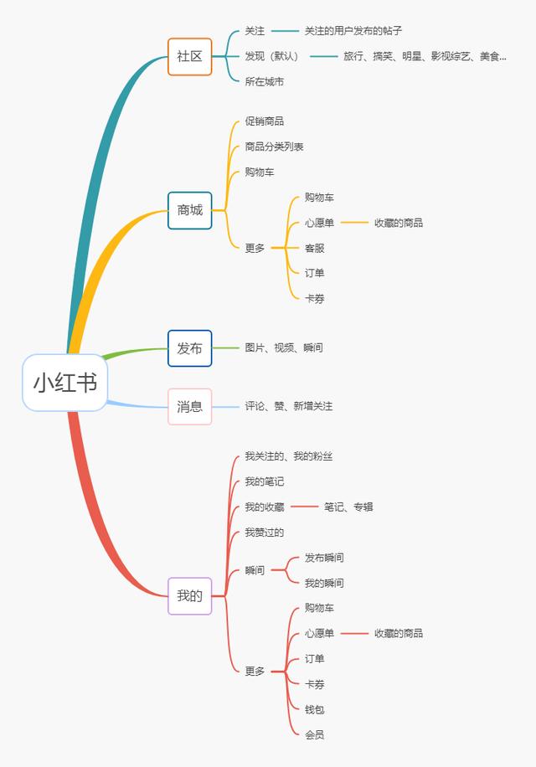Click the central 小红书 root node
pyautogui.click(x=64, y=383)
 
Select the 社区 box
pyautogui.click(x=190, y=57)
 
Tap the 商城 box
pyautogui.click(x=190, y=210)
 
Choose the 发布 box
pyautogui.click(x=190, y=348)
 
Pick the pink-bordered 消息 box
pyautogui.click(x=190, y=406)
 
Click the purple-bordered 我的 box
pyautogui.click(x=190, y=596)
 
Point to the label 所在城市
pyautogui.click(x=264, y=82)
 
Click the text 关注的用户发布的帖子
pyautogui.click(x=353, y=31)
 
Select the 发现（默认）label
pyautogui.click(x=271, y=56)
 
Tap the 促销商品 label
pyautogui.click(x=264, y=121)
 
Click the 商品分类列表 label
pyautogui.click(x=274, y=147)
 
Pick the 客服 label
pyautogui.click(x=314, y=248)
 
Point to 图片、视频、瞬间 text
pyautogui.click(x=284, y=347)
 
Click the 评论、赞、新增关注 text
pyautogui.click(x=289, y=406)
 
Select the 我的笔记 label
pyautogui.click(x=264, y=481)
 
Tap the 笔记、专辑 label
pyautogui.click(x=348, y=507)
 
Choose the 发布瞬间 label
pyautogui.click(x=324, y=558)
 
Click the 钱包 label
pyautogui.click(x=314, y=709)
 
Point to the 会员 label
pyautogui.click(x=314, y=734)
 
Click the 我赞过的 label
pyautogui.click(x=264, y=533)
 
